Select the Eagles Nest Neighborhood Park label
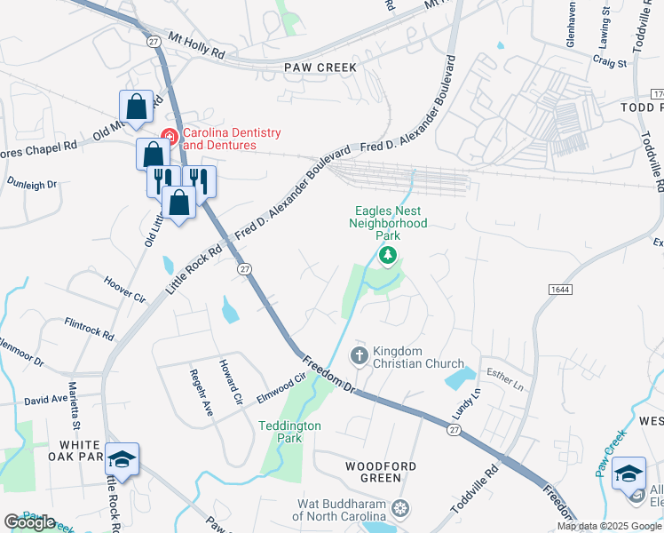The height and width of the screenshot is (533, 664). click(391, 223)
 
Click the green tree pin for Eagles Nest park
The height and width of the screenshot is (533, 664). click(387, 257)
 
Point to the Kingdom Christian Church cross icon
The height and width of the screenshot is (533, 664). click(360, 356)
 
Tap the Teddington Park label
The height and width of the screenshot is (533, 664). click(289, 432)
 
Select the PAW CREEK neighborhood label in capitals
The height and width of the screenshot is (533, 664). click(320, 68)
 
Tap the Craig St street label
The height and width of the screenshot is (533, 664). click(609, 63)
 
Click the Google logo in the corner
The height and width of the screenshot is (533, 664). click(30, 522)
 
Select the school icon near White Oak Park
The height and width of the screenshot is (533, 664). click(123, 459)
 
